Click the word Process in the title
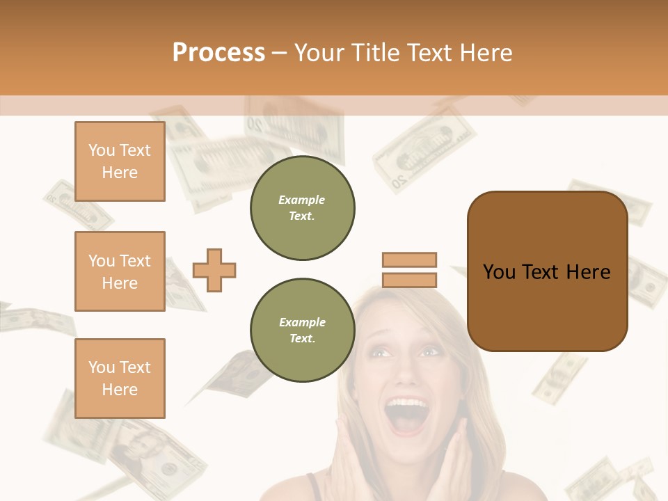(x=218, y=53)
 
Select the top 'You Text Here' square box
(x=120, y=161)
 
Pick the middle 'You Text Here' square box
(x=120, y=271)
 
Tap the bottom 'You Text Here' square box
(x=120, y=379)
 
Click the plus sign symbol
(x=214, y=270)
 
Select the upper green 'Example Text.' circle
(x=302, y=208)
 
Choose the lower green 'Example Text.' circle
(x=302, y=331)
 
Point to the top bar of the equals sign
(x=409, y=260)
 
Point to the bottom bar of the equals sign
(x=409, y=280)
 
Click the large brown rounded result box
(x=547, y=271)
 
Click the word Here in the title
(x=484, y=53)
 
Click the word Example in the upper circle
(x=302, y=200)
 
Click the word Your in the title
(x=319, y=53)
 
